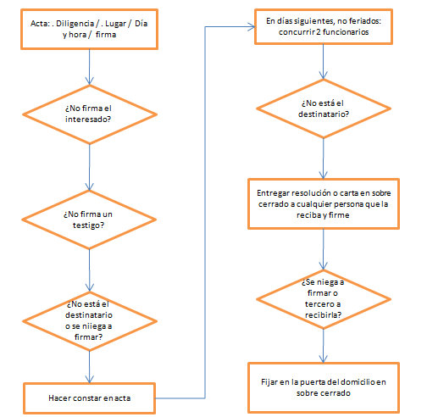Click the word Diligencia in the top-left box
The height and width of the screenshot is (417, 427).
[75, 24]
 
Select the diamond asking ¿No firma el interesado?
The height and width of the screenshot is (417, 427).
[90, 114]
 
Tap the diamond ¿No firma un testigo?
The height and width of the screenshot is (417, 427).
[89, 220]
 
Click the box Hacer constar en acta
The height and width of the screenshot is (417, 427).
[90, 398]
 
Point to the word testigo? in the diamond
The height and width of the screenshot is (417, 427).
[88, 225]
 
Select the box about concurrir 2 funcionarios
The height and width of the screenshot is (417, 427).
[324, 26]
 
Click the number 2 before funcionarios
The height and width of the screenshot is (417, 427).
[319, 32]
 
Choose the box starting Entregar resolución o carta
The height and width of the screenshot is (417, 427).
[324, 203]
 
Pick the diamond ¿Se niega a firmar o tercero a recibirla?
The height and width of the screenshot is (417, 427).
[324, 299]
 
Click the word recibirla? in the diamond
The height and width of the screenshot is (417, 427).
[324, 314]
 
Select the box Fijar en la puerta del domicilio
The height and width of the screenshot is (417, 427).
[324, 387]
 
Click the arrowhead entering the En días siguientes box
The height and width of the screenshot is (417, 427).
[252, 27]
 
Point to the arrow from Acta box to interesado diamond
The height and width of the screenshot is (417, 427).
[90, 67]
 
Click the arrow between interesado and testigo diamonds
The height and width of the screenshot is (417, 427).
[90, 168]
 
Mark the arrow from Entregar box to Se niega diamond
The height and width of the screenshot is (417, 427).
[324, 249]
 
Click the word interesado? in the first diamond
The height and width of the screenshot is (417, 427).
[88, 120]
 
